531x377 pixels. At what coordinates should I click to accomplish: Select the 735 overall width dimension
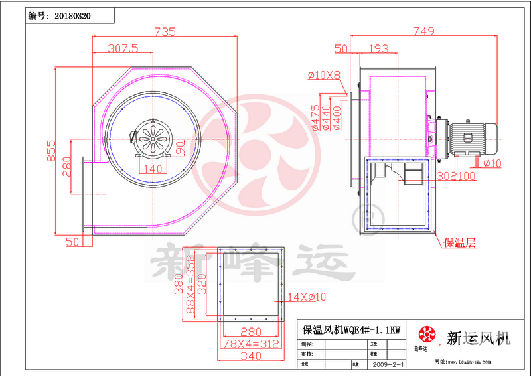pos(165,31)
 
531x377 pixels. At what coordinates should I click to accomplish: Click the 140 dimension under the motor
pos(152,169)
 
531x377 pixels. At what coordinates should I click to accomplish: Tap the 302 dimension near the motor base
pos(447,177)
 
